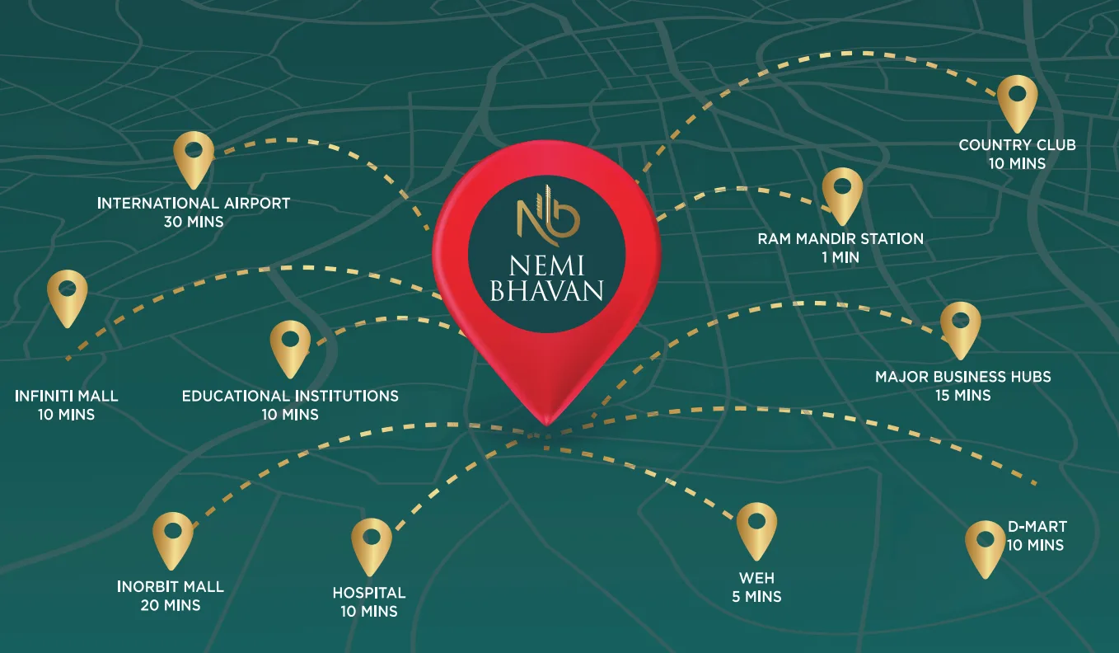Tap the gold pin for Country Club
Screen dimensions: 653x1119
click(x=1017, y=101)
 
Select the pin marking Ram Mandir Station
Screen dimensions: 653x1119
click(x=842, y=193)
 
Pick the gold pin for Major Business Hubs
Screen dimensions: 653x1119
click(x=960, y=327)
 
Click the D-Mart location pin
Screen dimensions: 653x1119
click(x=986, y=547)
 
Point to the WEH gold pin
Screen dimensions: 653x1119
click(x=756, y=529)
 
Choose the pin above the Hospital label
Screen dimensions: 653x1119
click(x=372, y=544)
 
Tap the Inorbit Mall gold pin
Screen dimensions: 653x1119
click(x=173, y=538)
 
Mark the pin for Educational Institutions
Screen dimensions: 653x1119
click(x=290, y=346)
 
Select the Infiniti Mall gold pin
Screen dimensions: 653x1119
click(x=68, y=295)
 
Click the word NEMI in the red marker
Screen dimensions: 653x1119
click(x=547, y=265)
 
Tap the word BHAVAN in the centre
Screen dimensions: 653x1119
click(x=547, y=291)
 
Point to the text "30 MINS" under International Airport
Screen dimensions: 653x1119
click(x=194, y=222)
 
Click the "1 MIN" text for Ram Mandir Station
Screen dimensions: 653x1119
click(x=840, y=257)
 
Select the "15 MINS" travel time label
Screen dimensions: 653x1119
click(x=962, y=396)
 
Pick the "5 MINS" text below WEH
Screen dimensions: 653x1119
click(x=756, y=596)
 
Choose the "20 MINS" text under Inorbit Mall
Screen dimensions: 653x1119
click(x=171, y=606)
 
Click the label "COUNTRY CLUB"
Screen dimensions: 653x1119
click(x=1017, y=145)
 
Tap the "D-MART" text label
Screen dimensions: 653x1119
click(x=1037, y=527)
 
